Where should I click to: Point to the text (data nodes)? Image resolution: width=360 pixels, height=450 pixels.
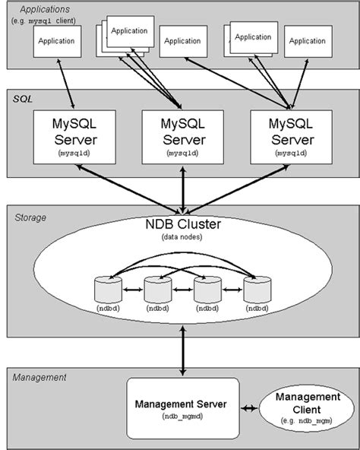181,239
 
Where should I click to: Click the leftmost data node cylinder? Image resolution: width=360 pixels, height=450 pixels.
106,291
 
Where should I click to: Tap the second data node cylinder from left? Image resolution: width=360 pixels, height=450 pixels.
156,291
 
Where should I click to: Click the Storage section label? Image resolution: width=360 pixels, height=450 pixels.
30,217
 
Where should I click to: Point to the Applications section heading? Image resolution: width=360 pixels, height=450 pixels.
40,8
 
